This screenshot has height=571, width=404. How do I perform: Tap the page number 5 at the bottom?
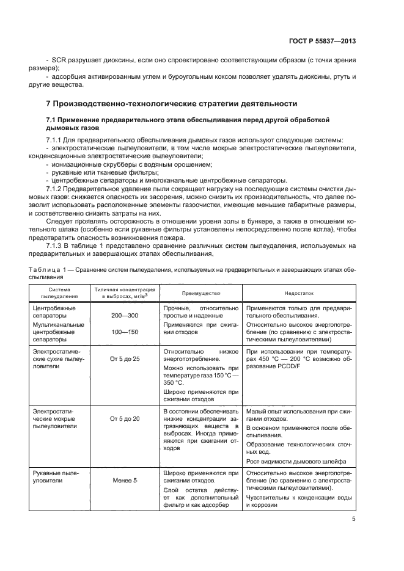(x=354, y=519)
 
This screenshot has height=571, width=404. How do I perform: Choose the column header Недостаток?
(x=299, y=293)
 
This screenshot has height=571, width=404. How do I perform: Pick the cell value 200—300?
(x=125, y=315)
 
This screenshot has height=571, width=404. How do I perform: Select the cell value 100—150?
(x=125, y=332)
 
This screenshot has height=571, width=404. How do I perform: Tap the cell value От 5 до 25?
(x=125, y=359)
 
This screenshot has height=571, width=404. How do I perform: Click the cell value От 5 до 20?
(x=125, y=419)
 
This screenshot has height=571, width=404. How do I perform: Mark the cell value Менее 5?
(x=125, y=481)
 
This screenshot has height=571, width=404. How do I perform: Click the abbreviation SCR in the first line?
(x=59, y=62)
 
